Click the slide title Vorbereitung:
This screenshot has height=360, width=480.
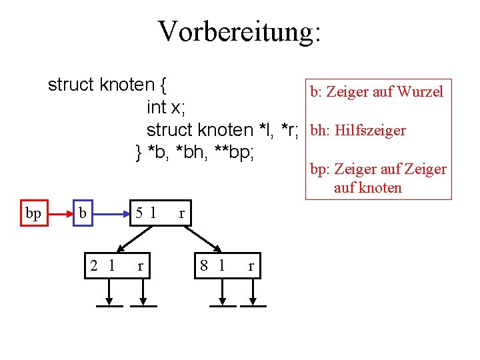tap(239, 31)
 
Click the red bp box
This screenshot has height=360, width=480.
tap(33, 213)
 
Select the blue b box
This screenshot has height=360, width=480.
tap(83, 213)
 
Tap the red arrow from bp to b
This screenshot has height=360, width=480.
tap(60, 214)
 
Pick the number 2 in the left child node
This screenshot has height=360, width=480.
tap(96, 265)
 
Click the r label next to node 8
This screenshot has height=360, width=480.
tap(251, 266)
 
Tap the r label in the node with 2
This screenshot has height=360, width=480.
tap(140, 266)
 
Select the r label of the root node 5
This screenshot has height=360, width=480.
tap(181, 214)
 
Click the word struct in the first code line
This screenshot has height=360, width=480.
tap(71, 85)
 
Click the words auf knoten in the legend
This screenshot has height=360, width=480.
tap(368, 187)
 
